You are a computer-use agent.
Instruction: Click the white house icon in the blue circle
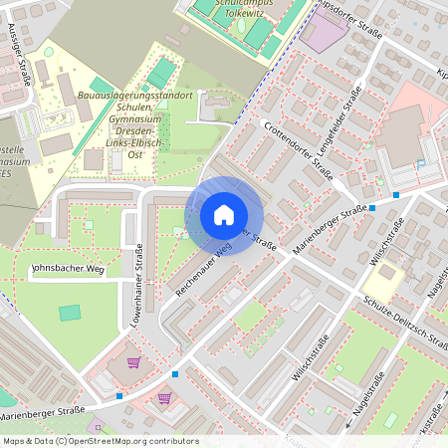click(224, 215)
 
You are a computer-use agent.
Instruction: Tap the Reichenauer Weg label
click(203, 266)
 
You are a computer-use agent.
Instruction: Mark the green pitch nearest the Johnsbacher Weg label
click(69, 313)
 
